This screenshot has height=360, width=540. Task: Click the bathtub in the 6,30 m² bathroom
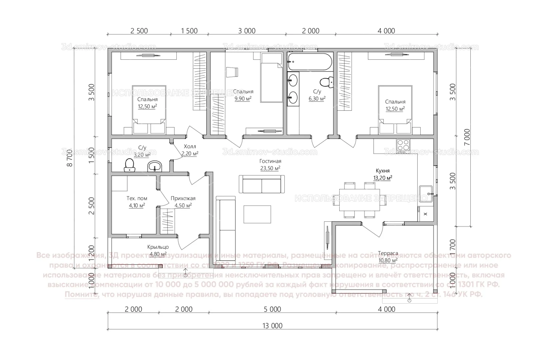click(x=310, y=62)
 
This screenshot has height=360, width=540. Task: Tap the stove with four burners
click(x=403, y=145)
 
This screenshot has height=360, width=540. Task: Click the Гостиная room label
click(x=270, y=161)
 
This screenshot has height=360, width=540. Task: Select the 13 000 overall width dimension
click(x=272, y=326)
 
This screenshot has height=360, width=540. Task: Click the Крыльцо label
click(x=158, y=247)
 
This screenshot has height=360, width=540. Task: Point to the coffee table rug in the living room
click(x=257, y=214)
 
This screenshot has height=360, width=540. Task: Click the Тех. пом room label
click(x=137, y=198)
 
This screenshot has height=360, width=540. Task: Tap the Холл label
click(x=190, y=147)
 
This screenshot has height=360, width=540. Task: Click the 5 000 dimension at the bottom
click(x=272, y=309)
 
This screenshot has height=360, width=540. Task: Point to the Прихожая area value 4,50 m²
click(x=183, y=205)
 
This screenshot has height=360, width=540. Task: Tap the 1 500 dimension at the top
click(x=189, y=31)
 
